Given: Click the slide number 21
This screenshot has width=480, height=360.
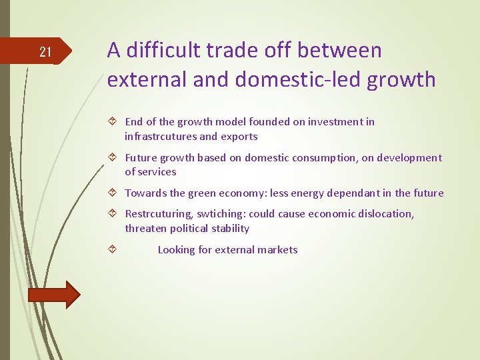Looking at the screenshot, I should (45, 51).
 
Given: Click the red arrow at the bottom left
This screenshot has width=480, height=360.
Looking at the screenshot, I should (54, 295).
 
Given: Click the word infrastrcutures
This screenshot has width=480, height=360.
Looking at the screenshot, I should (160, 136).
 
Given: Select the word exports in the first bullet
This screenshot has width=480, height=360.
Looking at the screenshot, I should (239, 136).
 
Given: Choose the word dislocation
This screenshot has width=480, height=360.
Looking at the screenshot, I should (386, 214).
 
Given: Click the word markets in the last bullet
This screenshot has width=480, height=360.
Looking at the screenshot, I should (277, 249).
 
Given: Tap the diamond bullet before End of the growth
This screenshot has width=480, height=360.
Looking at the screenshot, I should (112, 122).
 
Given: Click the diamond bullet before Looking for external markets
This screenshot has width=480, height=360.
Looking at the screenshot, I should (112, 249).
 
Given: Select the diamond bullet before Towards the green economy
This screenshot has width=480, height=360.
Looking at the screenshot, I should (112, 193).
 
